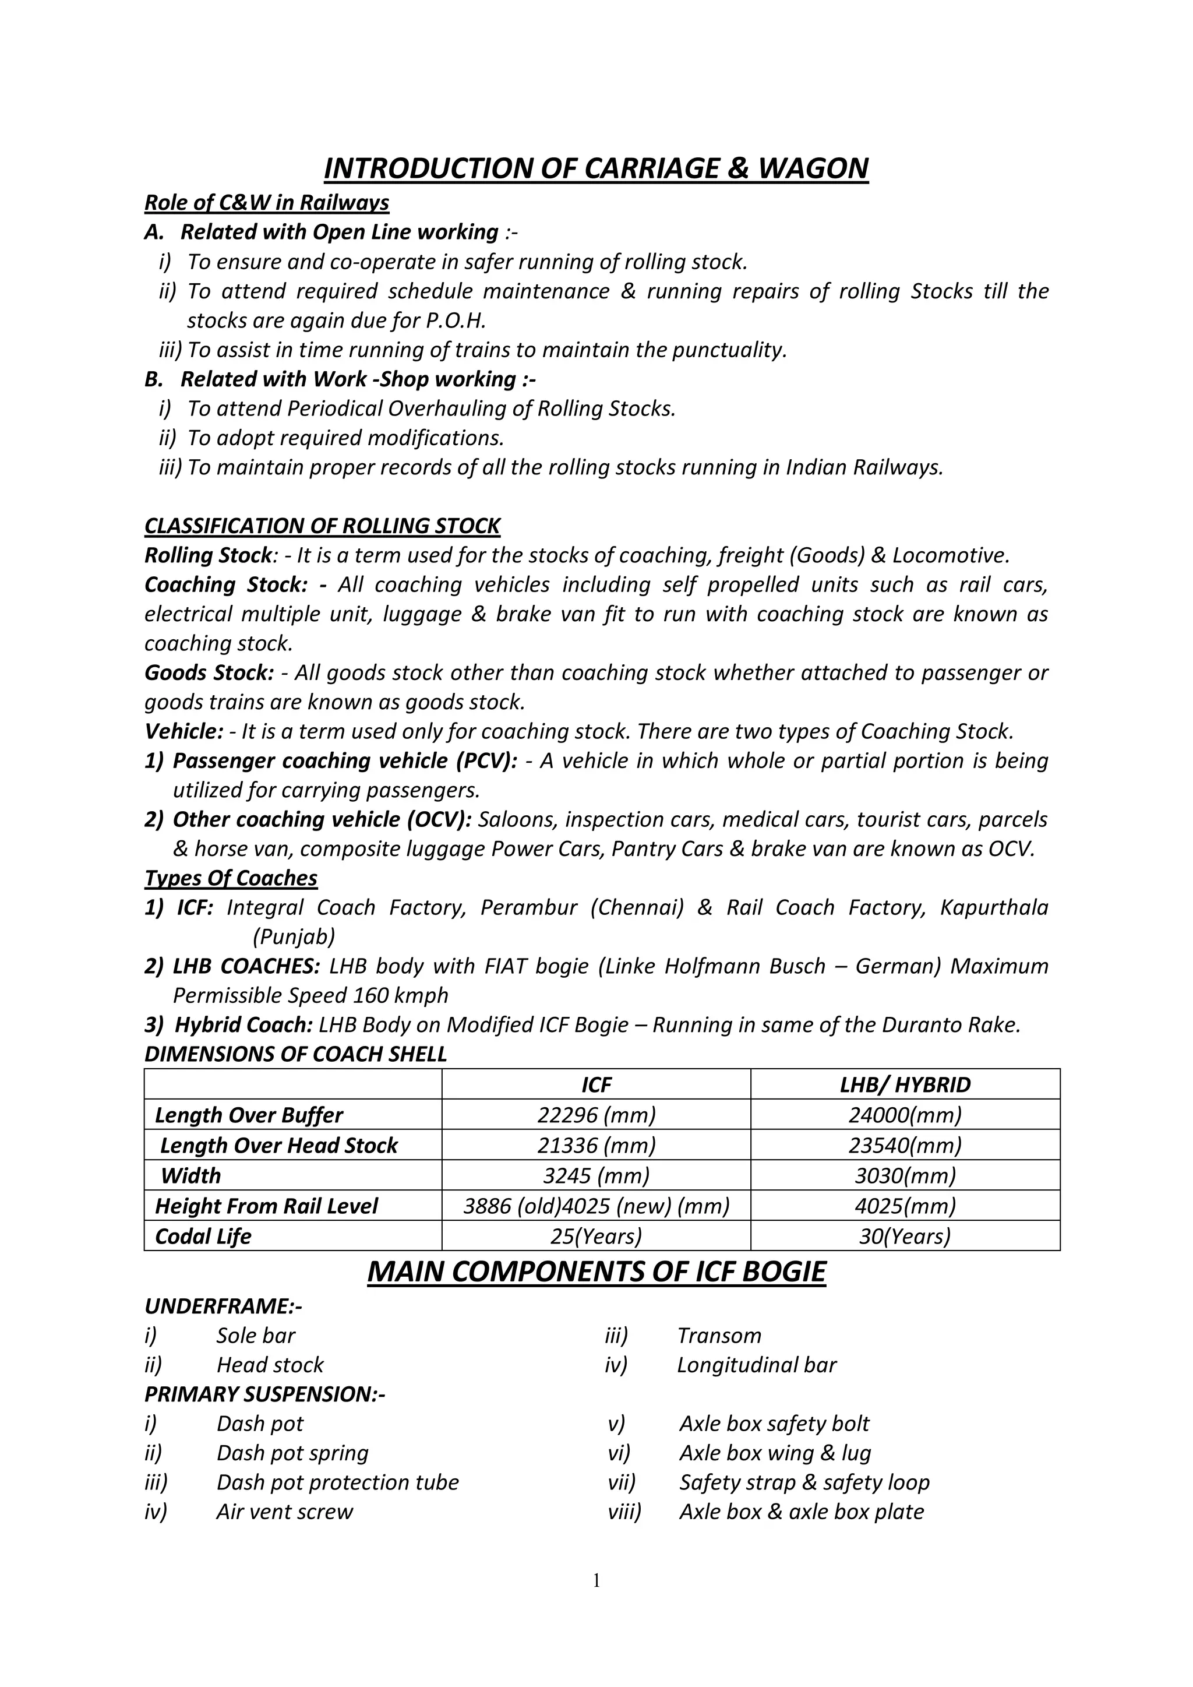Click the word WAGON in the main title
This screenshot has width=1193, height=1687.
pos(813,168)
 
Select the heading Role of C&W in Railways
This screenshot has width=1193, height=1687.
pos(267,202)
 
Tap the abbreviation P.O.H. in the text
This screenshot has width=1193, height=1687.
pos(456,321)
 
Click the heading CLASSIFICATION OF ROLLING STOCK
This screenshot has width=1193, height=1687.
pos(322,526)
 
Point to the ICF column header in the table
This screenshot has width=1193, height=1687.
pos(596,1084)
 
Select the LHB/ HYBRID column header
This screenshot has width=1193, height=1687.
pos(905,1084)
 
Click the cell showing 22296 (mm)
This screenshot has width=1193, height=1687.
pos(596,1115)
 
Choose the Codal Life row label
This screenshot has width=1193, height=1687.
pos(203,1236)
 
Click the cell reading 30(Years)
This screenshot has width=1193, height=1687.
pos(905,1236)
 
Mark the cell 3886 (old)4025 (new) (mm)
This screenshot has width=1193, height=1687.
pos(596,1206)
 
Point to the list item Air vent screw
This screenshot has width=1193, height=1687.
pos(284,1512)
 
